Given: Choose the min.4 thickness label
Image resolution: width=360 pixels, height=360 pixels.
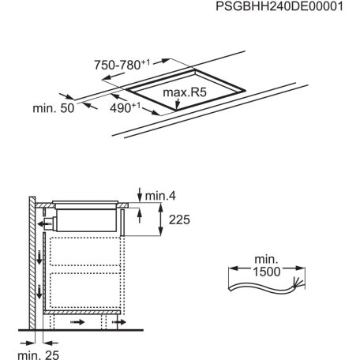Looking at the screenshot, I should tap(161, 194).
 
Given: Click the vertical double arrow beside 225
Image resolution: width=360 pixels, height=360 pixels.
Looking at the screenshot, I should tap(160, 220).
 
